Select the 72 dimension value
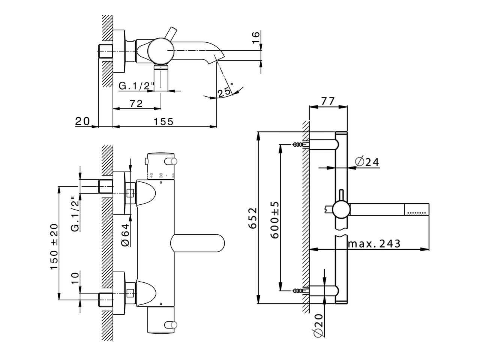click(x=136, y=104)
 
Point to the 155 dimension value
click(x=163, y=121)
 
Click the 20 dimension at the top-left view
click(x=83, y=121)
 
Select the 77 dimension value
click(x=328, y=101)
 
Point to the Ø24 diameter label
click(x=367, y=162)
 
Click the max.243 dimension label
click(x=374, y=244)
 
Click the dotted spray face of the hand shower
click(x=417, y=213)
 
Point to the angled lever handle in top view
click(x=171, y=34)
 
